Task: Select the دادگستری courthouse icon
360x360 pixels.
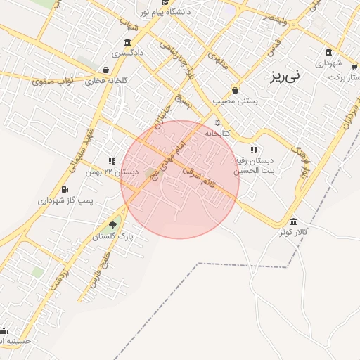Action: tap(127, 42)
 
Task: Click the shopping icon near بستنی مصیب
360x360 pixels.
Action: tap(234, 90)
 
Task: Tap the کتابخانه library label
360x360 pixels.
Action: tap(219, 132)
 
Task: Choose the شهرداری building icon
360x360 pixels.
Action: tap(328, 52)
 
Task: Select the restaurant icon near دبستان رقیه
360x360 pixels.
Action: tap(253, 150)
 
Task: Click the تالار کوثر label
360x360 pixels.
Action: tap(294, 231)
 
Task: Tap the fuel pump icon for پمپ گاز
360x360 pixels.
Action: tap(65, 190)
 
